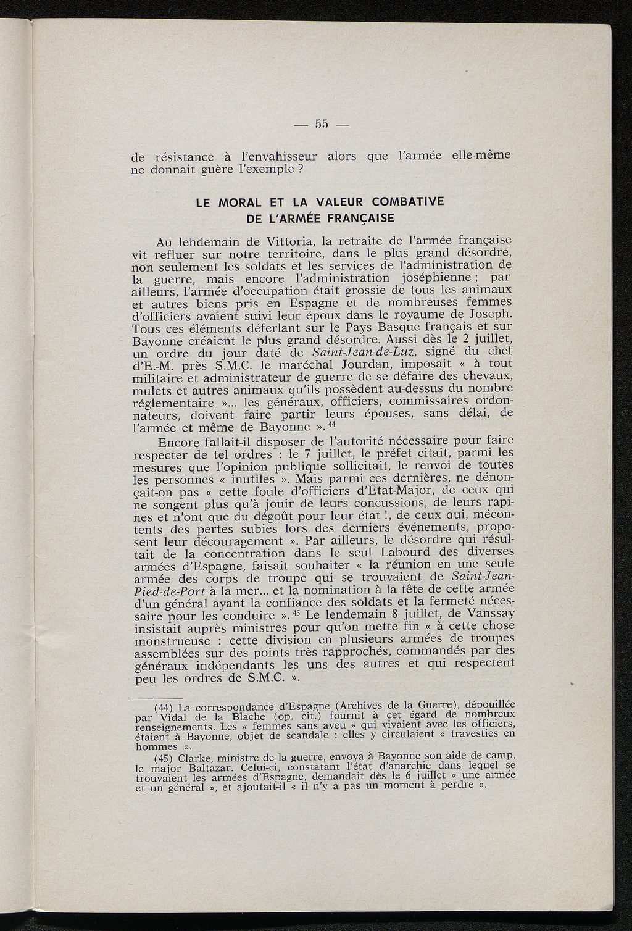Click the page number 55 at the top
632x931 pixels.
pyautogui.click(x=322, y=124)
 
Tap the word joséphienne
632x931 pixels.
pyautogui.click(x=435, y=278)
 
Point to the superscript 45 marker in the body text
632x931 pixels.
pyautogui.click(x=296, y=613)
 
